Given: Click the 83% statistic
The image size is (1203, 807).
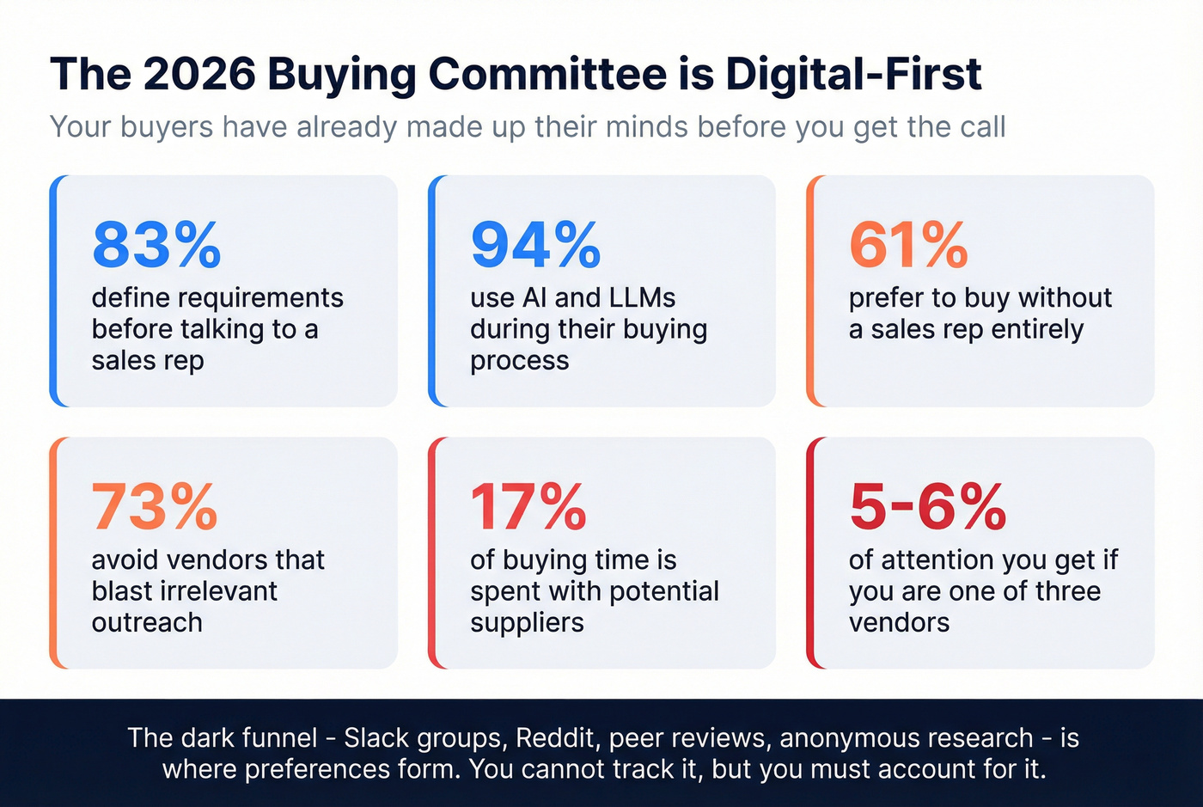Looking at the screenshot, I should click(156, 246).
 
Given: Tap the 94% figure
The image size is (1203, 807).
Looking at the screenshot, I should click(535, 246).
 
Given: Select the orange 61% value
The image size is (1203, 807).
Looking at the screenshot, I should click(908, 246).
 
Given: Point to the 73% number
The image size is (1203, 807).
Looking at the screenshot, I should click(155, 507).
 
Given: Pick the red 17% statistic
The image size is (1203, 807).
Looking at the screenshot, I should click(528, 507).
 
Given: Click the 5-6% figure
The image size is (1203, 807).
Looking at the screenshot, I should click(927, 507).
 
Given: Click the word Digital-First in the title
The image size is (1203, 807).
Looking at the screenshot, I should click(853, 74).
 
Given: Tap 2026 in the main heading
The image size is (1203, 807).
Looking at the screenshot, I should click(199, 74).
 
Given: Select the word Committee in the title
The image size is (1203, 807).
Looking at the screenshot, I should click(547, 74).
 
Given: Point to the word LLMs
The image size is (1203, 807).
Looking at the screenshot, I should click(641, 297).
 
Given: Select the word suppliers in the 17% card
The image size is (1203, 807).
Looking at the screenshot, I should click(527, 623).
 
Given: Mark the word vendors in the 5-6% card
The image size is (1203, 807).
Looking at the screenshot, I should click(899, 622).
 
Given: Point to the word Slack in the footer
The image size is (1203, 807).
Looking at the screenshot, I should click(376, 738).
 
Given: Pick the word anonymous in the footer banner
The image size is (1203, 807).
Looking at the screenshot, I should click(847, 738).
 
